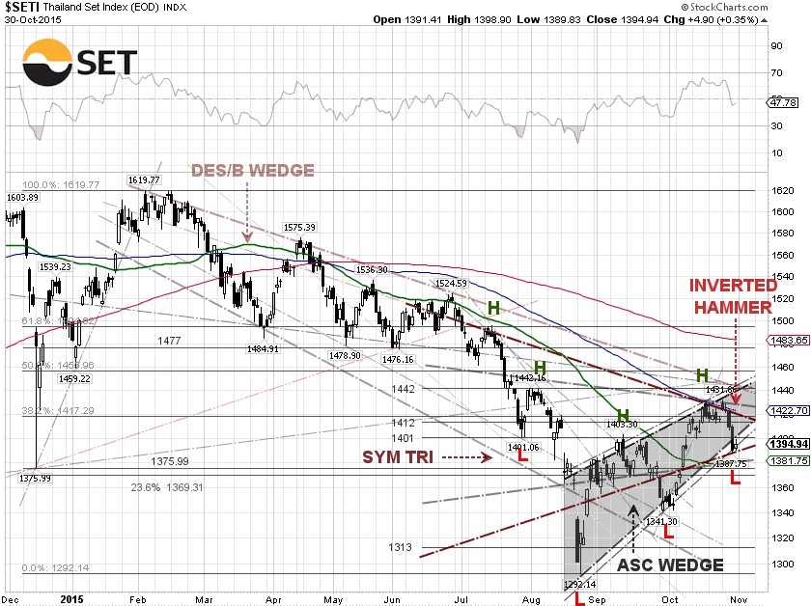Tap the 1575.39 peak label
click(x=300, y=228)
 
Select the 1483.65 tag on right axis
click(x=788, y=341)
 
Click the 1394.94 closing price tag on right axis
click(x=788, y=444)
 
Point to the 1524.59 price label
click(x=451, y=284)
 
